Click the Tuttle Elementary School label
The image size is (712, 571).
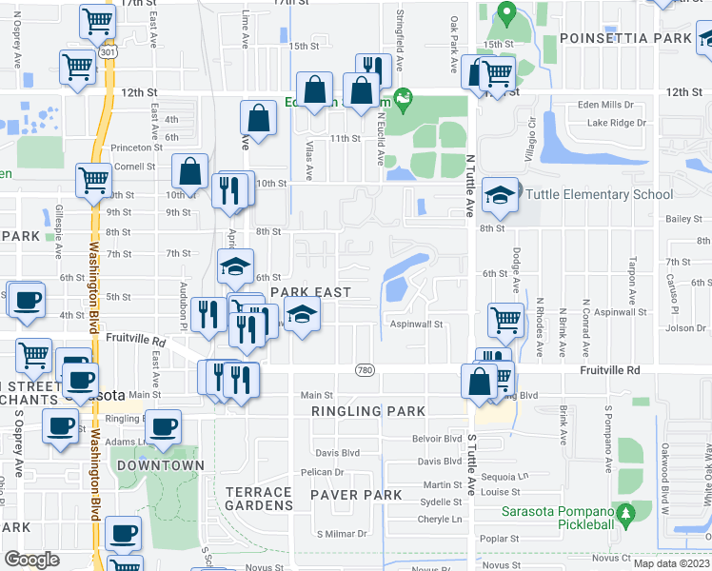pyautogui.click(x=592, y=194)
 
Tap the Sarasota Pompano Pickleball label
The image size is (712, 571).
pyautogui.click(x=564, y=516)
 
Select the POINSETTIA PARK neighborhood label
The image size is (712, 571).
pyautogui.click(x=625, y=38)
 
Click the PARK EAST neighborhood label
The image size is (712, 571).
pyautogui.click(x=310, y=292)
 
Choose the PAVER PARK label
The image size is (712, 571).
pyautogui.click(x=348, y=495)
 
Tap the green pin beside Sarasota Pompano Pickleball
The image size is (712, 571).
pyautogui.click(x=624, y=515)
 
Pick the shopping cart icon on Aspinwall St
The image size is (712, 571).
pyautogui.click(x=505, y=320)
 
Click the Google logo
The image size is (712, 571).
pyautogui.click(x=31, y=559)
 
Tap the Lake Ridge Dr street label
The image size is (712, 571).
pyautogui.click(x=616, y=123)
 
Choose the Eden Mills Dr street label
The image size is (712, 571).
pyautogui.click(x=617, y=106)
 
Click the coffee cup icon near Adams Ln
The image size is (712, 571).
pyautogui.click(x=164, y=426)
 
